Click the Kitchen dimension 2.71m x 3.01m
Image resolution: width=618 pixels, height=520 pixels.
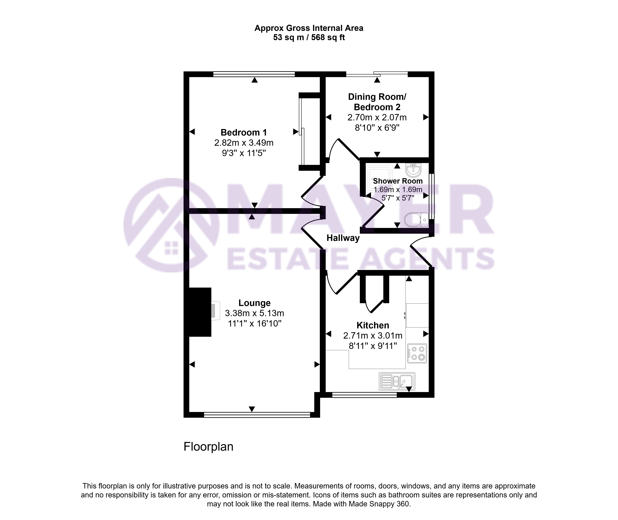373,335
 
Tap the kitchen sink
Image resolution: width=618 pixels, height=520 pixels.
397,381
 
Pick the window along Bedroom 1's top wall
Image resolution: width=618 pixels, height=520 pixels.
254,74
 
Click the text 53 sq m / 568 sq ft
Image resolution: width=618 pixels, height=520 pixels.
309,37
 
